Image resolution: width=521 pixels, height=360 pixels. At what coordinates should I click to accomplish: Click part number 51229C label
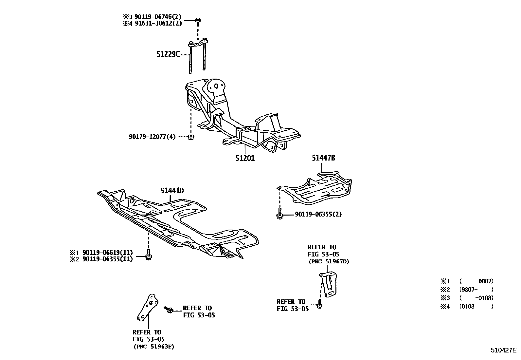coord(168,54)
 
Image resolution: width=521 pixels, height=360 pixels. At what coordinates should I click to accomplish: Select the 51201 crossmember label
coord(245,158)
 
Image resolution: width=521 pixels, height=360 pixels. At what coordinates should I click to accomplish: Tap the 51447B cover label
coord(323,158)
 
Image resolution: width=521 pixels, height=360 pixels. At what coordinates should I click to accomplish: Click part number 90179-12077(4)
coord(152,137)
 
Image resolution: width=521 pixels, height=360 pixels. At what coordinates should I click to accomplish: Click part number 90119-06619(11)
coord(108,253)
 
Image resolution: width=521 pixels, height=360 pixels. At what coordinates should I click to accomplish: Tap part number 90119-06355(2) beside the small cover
coord(318,214)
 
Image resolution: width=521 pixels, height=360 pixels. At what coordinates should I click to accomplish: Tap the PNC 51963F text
coord(153,347)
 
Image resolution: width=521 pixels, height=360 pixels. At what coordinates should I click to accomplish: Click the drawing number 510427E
coord(503,350)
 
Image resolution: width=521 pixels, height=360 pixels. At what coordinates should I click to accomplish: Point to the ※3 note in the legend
coord(445,298)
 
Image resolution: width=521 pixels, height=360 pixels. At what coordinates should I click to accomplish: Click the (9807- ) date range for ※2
coord(476,289)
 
